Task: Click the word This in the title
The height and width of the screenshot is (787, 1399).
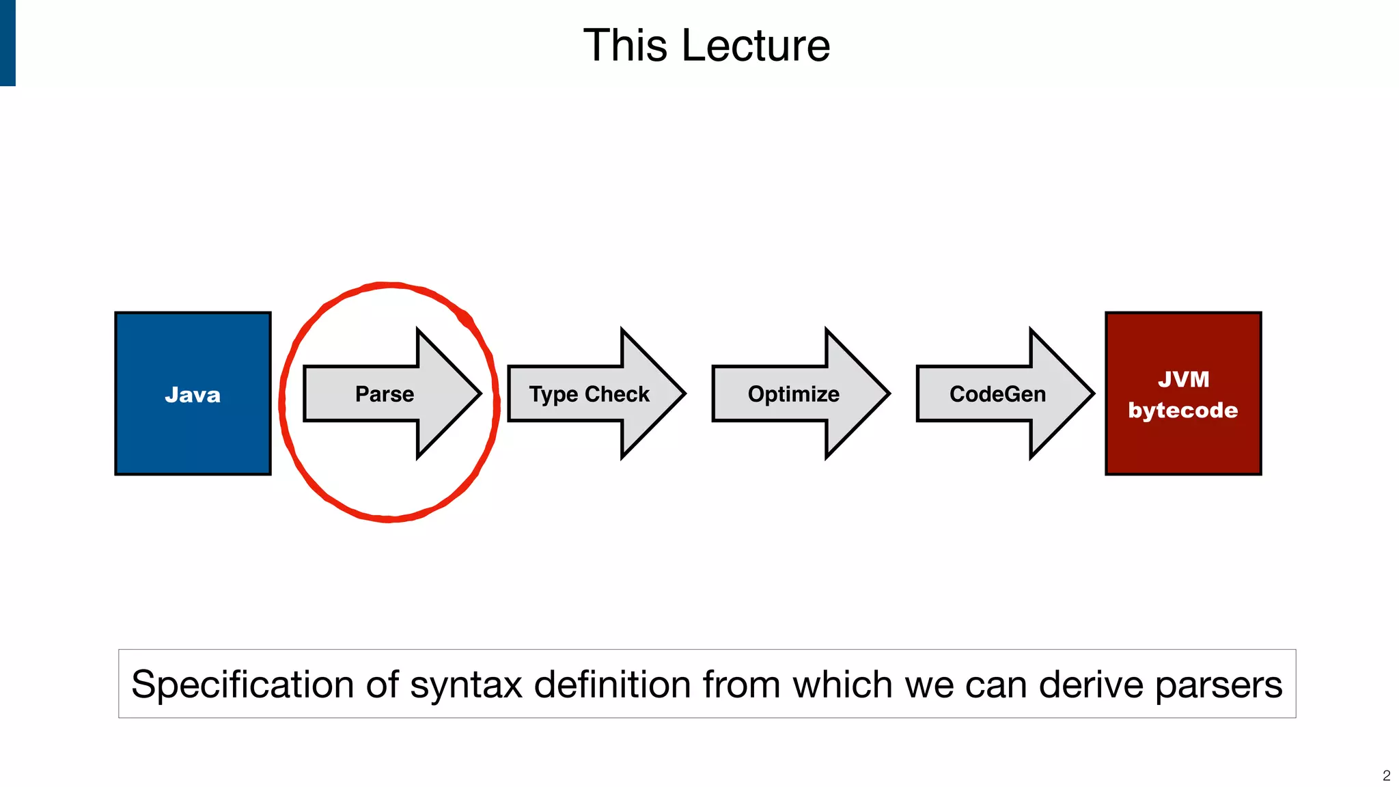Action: pyautogui.click(x=625, y=46)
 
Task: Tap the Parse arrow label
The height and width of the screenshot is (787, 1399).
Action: pyautogui.click(x=385, y=394)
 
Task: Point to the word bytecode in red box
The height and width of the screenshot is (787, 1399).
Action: pyautogui.click(x=1183, y=410)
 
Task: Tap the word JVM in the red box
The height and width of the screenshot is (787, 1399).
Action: pyautogui.click(x=1184, y=379)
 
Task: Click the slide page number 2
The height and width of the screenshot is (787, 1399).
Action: pyautogui.click(x=1386, y=775)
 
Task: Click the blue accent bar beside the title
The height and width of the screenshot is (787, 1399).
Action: pyautogui.click(x=8, y=42)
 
